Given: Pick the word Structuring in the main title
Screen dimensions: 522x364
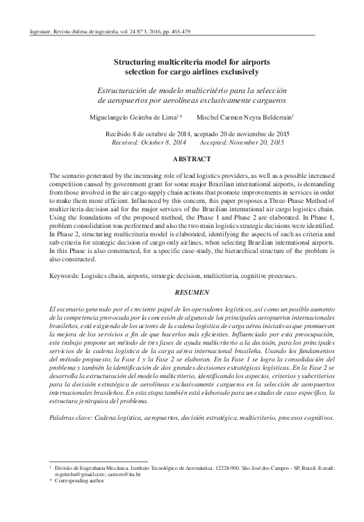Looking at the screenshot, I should click(x=135, y=62).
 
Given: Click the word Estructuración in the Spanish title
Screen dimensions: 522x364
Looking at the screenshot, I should click(x=120, y=90).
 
